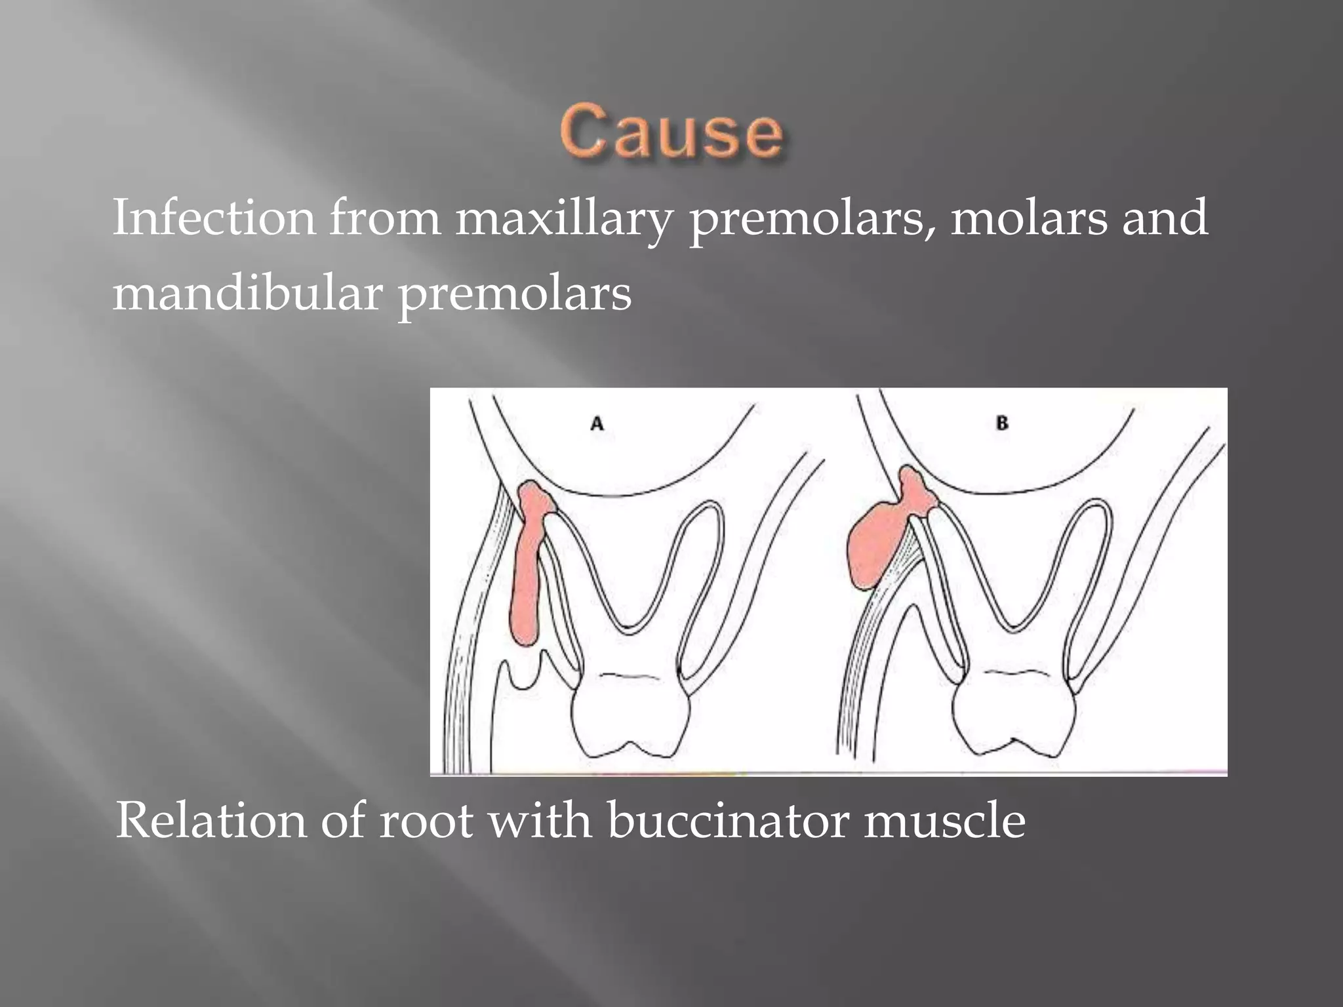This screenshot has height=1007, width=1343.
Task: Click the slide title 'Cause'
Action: click(671, 134)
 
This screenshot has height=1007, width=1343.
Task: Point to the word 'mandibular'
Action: click(247, 293)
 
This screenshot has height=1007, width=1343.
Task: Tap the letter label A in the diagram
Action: click(597, 424)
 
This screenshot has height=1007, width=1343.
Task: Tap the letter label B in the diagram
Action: click(1001, 424)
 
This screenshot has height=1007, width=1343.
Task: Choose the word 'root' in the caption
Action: click(426, 821)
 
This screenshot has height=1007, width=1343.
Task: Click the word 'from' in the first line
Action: click(384, 218)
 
